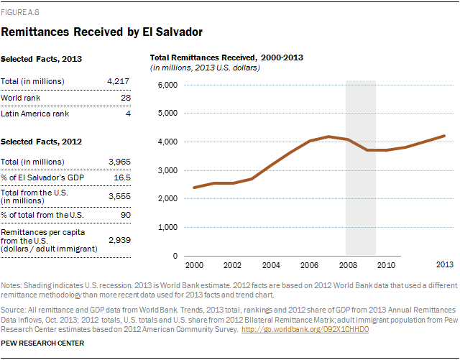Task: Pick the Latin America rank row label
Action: (37, 114)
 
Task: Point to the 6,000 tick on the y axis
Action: (167, 85)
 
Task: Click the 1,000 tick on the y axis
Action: (167, 227)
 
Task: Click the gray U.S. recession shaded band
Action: (361, 201)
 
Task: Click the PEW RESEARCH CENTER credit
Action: (43, 343)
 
